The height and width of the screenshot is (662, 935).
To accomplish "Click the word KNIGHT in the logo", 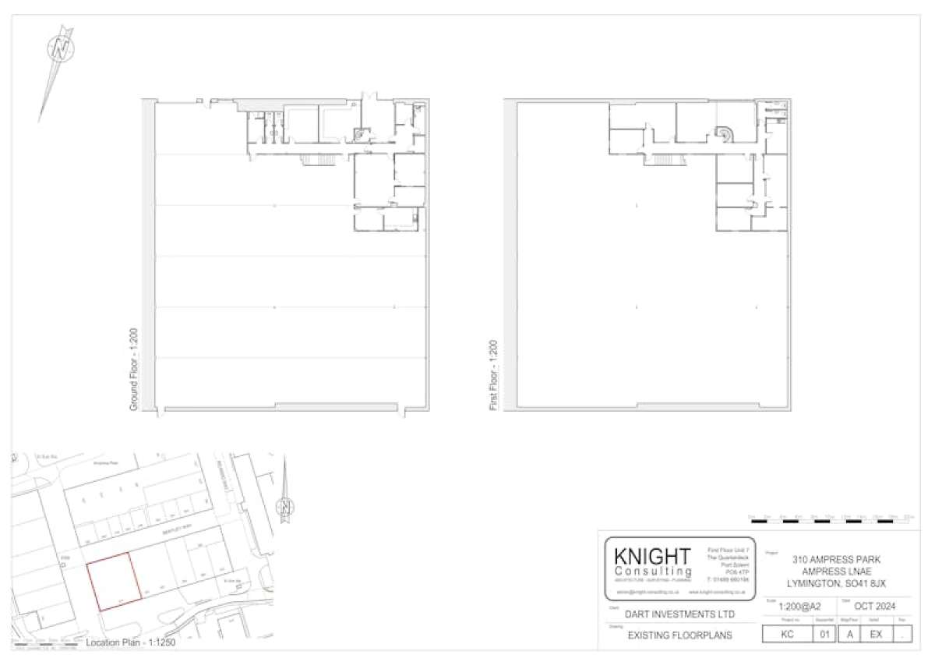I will pyautogui.click(x=651, y=557).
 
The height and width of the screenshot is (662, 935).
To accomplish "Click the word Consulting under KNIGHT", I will pyautogui.click(x=651, y=572).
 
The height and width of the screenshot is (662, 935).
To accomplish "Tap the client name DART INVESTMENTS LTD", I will pyautogui.click(x=669, y=614).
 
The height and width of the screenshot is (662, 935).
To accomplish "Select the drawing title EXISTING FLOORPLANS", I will pyautogui.click(x=669, y=635).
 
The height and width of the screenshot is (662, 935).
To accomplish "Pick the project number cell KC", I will pyautogui.click(x=786, y=635).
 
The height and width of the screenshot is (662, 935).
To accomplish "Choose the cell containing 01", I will pyautogui.click(x=824, y=635).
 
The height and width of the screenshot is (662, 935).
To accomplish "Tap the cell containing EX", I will pyautogui.click(x=876, y=635).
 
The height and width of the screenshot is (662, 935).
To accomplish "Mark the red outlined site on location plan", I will pyautogui.click(x=112, y=581).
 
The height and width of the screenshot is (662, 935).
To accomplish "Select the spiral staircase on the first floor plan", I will pyautogui.click(x=725, y=134).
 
